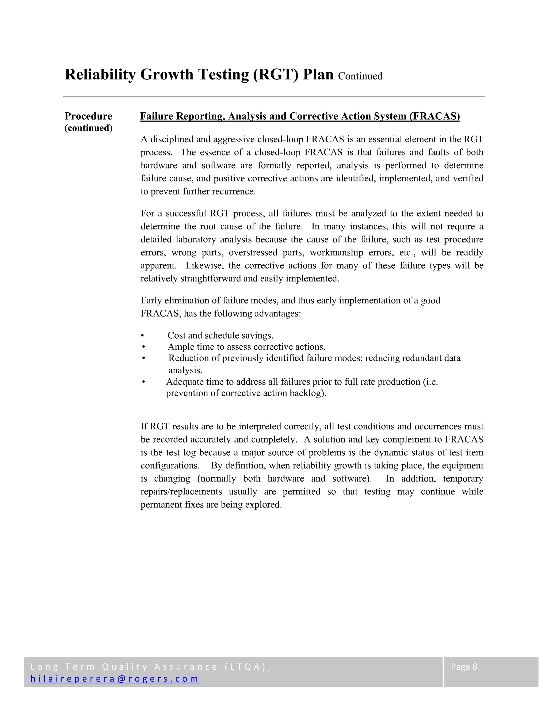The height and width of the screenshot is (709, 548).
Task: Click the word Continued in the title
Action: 360,76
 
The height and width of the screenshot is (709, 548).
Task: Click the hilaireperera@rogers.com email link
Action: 115,679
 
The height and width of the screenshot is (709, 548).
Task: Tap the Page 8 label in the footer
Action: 464,667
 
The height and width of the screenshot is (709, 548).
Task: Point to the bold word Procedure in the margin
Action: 88,116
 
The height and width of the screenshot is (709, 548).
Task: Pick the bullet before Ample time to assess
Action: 143,347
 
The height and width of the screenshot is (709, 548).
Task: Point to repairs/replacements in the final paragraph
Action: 181,491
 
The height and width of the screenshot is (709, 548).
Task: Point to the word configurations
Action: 170,466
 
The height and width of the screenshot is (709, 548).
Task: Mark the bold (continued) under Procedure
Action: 88,128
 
